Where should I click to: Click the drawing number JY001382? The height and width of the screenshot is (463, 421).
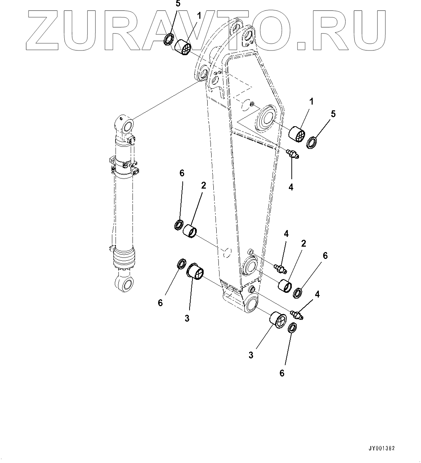pos(382,449)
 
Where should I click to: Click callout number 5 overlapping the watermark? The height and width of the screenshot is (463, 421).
pos(178,4)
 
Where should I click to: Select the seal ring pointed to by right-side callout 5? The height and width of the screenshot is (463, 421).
pos(312,142)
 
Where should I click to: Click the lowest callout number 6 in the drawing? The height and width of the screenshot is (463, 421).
pos(282,373)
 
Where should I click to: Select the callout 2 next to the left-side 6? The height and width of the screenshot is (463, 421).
pos(204,185)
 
